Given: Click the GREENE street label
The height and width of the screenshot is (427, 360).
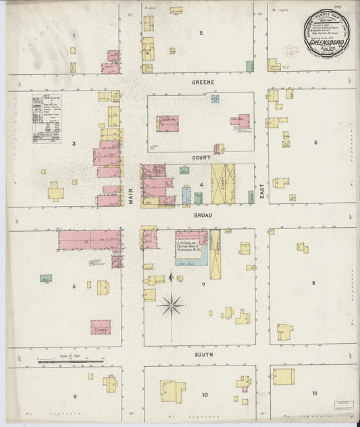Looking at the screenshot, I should point(203,82).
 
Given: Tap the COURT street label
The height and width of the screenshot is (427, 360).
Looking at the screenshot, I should point(202,157).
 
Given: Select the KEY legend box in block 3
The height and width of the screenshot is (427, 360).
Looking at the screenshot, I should point(46,118).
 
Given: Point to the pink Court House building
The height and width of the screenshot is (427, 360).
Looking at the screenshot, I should point(167,123).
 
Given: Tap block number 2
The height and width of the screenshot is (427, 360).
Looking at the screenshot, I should point(201,32).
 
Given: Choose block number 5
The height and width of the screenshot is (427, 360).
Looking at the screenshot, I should point(315,143).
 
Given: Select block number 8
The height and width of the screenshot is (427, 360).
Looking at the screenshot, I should point(313,282).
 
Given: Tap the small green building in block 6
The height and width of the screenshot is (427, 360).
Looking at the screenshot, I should point(46,278).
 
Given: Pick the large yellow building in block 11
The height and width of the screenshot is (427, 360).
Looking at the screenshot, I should point(284,376).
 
